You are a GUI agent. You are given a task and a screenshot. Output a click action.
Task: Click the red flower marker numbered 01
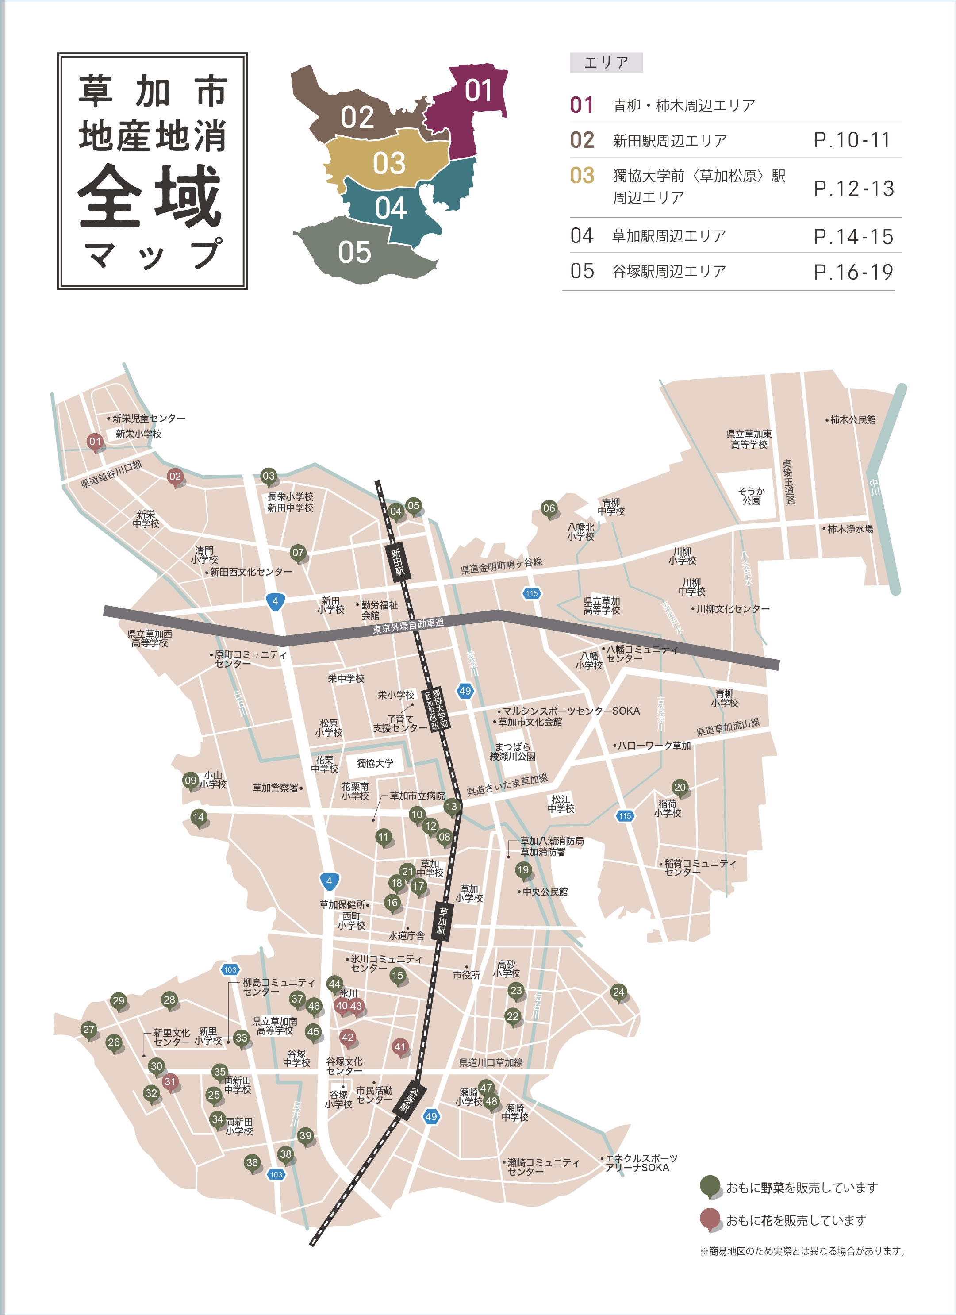pyautogui.click(x=95, y=442)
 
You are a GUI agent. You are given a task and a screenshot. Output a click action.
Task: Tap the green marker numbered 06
pyautogui.click(x=549, y=508)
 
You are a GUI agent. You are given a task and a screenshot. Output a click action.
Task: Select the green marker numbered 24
pyautogui.click(x=618, y=992)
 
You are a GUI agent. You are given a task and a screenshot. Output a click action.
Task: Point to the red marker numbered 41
pyautogui.click(x=400, y=1046)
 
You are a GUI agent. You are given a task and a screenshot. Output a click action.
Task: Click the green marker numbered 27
pyautogui.click(x=89, y=1029)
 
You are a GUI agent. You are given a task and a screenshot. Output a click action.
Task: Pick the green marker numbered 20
pyautogui.click(x=680, y=788)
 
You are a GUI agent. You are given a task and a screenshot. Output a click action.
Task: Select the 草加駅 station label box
pyautogui.click(x=442, y=921)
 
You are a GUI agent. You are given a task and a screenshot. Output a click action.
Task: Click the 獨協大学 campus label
pyautogui.click(x=375, y=764)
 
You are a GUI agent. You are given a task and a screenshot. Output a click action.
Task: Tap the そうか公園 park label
pyautogui.click(x=751, y=496)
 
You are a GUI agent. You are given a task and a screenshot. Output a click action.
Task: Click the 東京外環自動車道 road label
pyautogui.click(x=408, y=626)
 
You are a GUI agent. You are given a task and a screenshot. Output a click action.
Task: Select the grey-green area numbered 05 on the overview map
pyautogui.click(x=355, y=253)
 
